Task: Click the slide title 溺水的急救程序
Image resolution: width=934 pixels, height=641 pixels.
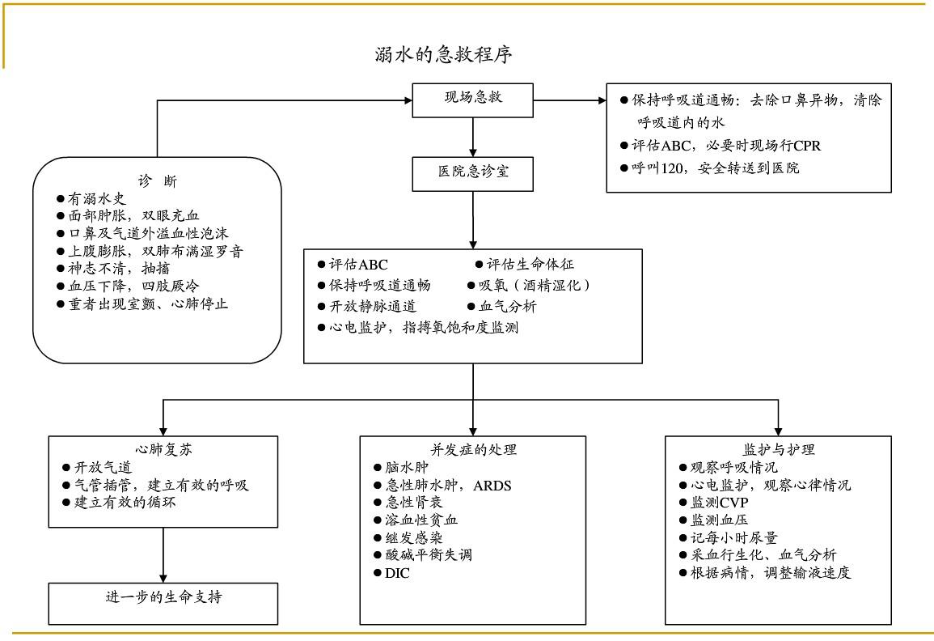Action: tap(443, 55)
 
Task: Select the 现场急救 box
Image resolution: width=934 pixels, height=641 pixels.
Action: tap(473, 100)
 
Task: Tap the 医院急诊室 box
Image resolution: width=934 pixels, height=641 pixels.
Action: tap(473, 173)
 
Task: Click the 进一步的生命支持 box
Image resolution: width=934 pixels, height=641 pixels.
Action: tap(164, 598)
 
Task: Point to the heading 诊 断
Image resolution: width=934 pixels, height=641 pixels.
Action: tap(157, 180)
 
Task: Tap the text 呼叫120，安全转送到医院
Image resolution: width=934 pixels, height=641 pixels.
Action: tap(716, 168)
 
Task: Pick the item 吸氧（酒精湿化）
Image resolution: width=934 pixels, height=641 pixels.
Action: tap(534, 286)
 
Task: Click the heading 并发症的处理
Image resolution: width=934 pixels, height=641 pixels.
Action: tap(473, 449)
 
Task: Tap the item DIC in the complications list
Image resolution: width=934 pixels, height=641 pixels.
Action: tap(387, 573)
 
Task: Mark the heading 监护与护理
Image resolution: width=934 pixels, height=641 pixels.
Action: tap(779, 449)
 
